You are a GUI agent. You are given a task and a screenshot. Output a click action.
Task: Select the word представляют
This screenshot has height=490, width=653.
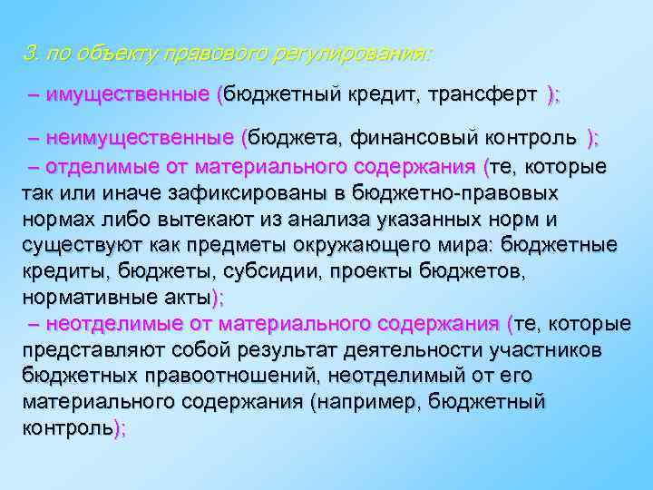pos(93,349)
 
